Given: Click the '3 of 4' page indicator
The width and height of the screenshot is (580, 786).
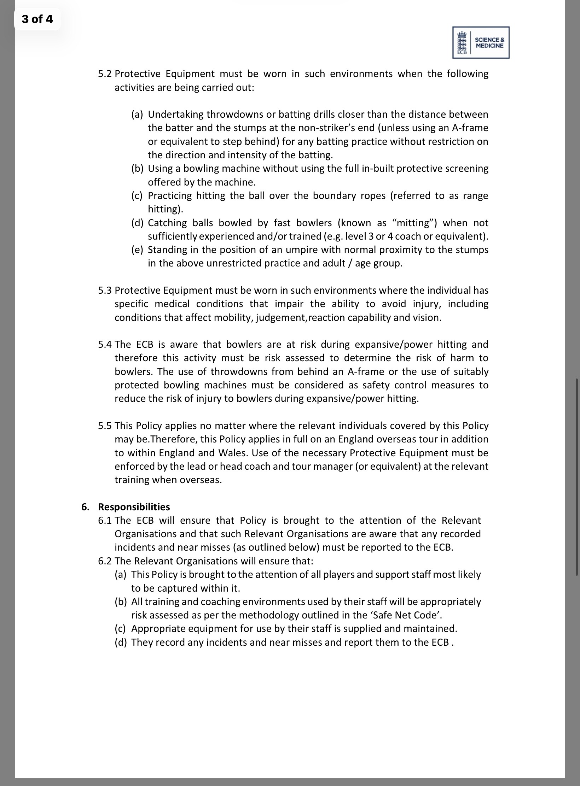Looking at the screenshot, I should (x=37, y=19).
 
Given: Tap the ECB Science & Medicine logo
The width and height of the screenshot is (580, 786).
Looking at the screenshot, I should (x=481, y=42).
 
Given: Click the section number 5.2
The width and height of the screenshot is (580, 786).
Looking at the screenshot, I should (x=105, y=74).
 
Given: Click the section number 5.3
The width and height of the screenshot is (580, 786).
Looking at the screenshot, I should (x=105, y=291).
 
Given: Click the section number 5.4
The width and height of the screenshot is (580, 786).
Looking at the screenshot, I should (x=105, y=345).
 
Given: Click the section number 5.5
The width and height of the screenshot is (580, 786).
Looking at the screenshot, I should (x=105, y=426).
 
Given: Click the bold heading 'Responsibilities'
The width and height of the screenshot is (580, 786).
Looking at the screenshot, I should (x=134, y=507).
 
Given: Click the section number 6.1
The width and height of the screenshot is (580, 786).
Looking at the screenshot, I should (x=105, y=521).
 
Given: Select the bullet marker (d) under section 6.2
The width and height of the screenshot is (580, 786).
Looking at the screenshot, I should (x=121, y=642).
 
